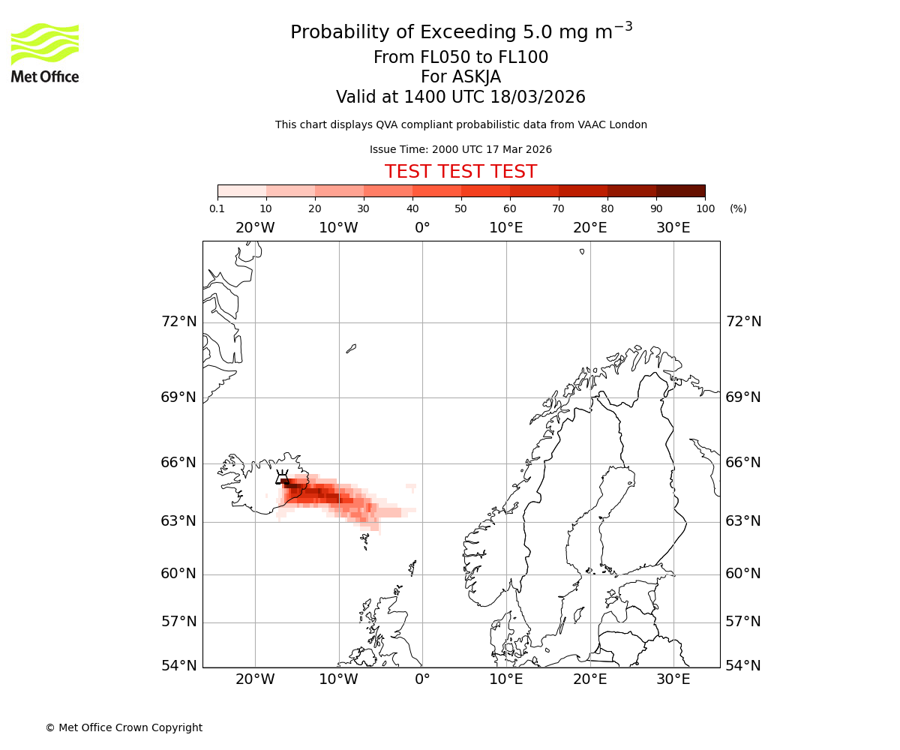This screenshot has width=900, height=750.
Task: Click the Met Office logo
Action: pyautogui.click(x=45, y=52)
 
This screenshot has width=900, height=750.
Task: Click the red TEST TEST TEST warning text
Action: pyautogui.click(x=460, y=172)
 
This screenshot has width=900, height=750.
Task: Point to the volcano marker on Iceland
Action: pyautogui.click(x=282, y=478)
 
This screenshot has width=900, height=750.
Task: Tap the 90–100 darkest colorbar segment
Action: pyautogui.click(x=680, y=190)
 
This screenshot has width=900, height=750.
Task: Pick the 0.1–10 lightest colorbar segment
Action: pyautogui.click(x=242, y=190)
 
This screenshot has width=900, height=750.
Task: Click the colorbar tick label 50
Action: pyautogui.click(x=461, y=208)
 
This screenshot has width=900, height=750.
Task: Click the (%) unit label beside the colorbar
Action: pyautogui.click(x=738, y=208)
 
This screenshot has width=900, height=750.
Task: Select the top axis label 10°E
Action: pyautogui.click(x=506, y=227)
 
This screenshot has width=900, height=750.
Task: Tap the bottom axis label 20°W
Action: pyautogui.click(x=255, y=679)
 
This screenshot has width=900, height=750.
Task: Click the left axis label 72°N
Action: pyautogui.click(x=178, y=322)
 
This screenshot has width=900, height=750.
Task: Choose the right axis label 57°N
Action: pyautogui.click(x=743, y=622)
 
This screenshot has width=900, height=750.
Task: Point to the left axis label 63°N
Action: pyautogui.click(x=178, y=521)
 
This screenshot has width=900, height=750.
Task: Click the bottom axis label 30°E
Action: pyautogui.click(x=673, y=679)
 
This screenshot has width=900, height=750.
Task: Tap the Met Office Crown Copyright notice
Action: pyautogui.click(x=124, y=727)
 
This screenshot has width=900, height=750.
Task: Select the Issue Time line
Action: pyautogui.click(x=460, y=149)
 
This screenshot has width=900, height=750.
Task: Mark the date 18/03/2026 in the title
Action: pyautogui.click(x=538, y=97)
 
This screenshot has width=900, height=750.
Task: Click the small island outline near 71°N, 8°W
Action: pyautogui.click(x=351, y=348)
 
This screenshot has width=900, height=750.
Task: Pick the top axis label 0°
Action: pyautogui.click(x=422, y=227)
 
